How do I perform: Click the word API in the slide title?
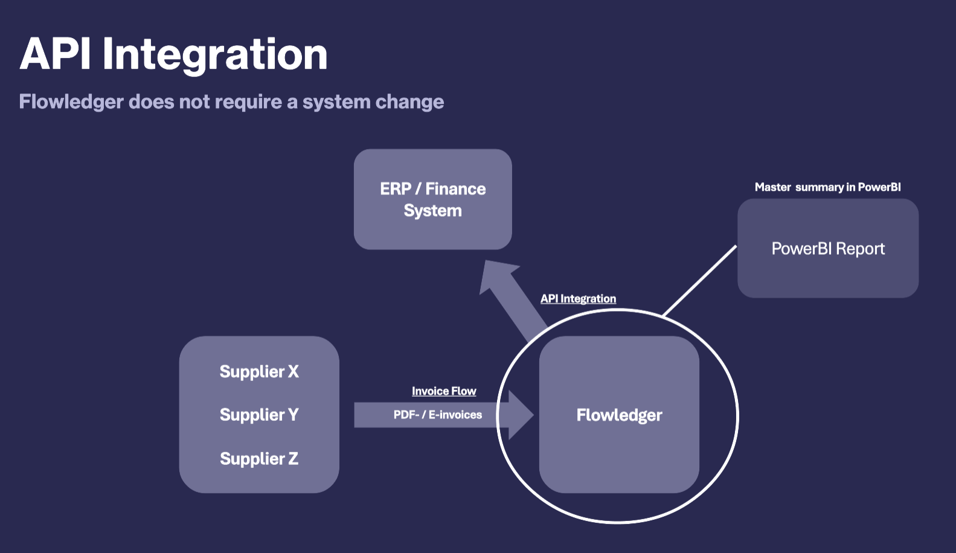[56, 54]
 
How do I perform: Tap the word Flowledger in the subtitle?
[71, 101]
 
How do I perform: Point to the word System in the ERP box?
[432, 211]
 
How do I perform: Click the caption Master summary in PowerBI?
[827, 187]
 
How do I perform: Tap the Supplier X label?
[259, 371]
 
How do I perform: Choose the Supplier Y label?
[259, 415]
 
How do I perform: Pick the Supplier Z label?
[259, 459]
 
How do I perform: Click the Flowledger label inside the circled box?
[619, 415]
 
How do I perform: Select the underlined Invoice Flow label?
[444, 391]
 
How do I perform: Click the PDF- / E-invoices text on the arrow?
[438, 415]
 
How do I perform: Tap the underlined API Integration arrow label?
[578, 299]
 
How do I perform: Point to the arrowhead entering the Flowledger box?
[520, 415]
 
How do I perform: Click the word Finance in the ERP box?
[455, 189]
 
